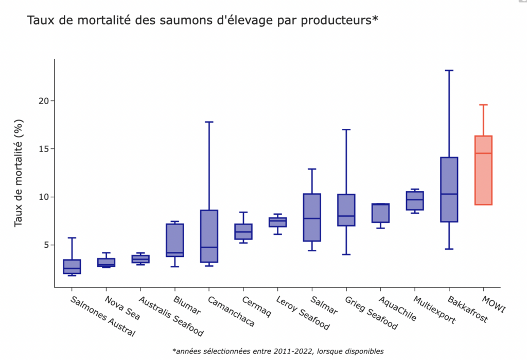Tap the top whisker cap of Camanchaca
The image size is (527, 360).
pos(209,122)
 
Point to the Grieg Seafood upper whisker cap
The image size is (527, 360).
pos(346,130)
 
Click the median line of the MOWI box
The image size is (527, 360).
pos(483,153)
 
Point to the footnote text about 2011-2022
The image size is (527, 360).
pos(278,351)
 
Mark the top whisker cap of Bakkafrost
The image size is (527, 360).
pos(449,70)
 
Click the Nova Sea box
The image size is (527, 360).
pos(106,262)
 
